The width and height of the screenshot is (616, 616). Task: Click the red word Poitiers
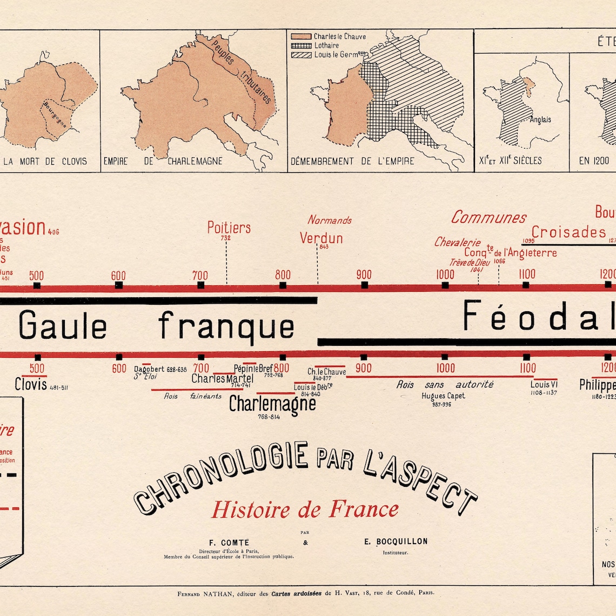229,227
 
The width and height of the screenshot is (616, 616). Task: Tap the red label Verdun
322,238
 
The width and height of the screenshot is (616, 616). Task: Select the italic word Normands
330,220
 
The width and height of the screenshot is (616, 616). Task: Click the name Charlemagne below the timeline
272,403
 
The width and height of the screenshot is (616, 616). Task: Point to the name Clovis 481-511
35,384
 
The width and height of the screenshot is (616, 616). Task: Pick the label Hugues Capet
443,396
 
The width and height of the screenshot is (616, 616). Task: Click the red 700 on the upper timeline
200,275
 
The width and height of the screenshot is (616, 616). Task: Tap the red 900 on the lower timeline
364,368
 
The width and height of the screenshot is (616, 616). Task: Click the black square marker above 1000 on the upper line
445,285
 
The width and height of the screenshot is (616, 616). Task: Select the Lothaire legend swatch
302,45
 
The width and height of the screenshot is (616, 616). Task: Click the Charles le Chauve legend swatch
302,36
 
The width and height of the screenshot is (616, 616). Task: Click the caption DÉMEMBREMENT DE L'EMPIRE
352,161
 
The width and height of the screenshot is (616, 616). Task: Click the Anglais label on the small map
540,119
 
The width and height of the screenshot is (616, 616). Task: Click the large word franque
226,326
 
